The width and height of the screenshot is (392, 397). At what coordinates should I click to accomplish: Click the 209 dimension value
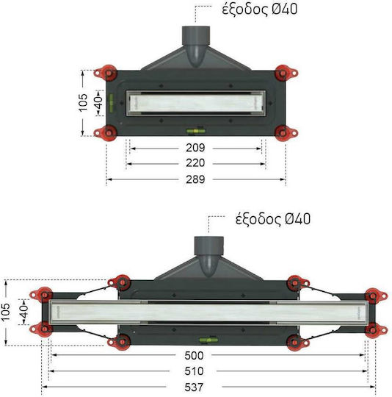[195, 148]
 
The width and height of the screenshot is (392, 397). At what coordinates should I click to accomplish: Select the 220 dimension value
[195, 163]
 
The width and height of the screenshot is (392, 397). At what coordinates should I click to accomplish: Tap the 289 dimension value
[195, 179]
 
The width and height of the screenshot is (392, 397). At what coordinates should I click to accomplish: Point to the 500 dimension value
[194, 356]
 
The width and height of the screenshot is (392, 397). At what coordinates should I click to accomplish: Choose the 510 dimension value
[194, 371]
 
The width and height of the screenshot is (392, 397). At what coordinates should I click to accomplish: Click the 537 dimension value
[194, 387]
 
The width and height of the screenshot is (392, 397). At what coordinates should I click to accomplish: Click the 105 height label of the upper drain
[83, 103]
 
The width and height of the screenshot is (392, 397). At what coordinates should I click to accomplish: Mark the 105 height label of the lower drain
[5, 312]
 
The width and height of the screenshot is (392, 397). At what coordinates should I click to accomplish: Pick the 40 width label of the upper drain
[98, 102]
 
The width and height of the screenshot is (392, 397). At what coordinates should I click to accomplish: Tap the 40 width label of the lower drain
[23, 312]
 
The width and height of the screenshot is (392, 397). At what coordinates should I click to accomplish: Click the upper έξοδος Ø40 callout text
[260, 10]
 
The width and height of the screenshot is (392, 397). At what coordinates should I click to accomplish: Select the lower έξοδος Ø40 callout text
[273, 219]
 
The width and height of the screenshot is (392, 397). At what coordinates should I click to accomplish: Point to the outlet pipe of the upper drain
[196, 46]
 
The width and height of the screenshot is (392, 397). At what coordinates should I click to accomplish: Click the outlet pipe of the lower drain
[208, 256]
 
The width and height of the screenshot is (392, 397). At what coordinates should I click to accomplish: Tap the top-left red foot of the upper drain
[106, 74]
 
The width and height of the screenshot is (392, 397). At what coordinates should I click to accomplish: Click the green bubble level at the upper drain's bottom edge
[196, 131]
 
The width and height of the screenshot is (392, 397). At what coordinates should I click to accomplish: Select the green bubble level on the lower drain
[208, 340]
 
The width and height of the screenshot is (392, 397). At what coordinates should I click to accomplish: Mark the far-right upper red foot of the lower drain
[376, 296]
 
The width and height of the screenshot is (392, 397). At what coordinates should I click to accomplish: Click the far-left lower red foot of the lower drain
[41, 329]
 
